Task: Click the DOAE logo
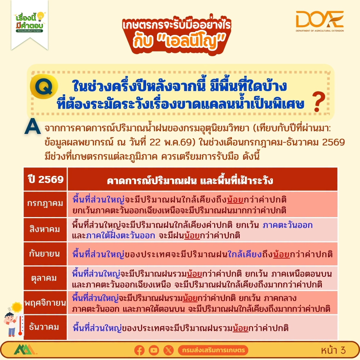point(320,21)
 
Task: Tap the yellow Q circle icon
point(44,86)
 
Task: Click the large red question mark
point(319,101)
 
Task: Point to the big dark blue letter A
point(33,126)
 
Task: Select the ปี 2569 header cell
point(45,179)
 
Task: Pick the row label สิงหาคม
point(45,229)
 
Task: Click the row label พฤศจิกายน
point(45,303)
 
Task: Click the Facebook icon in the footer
point(139,350)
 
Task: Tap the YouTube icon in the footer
point(154,350)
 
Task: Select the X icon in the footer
point(168,350)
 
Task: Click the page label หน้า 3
point(333,350)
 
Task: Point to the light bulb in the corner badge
point(41,17)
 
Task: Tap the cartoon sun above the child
point(17,307)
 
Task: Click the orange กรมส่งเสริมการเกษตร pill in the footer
point(213,350)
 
